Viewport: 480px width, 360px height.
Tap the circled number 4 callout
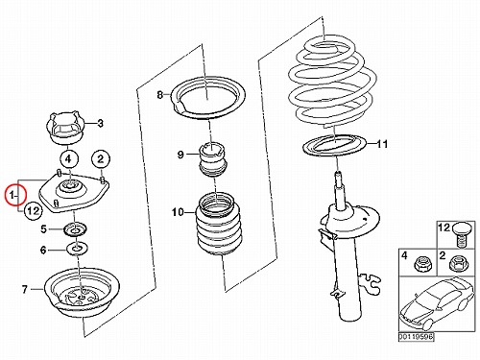tap(68, 159)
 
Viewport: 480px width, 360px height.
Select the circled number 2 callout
tap(101, 159)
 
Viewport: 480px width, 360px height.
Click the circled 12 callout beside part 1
tap(34, 211)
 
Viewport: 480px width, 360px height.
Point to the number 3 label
tap(100, 123)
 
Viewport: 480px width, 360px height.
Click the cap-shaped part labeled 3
tap(66, 128)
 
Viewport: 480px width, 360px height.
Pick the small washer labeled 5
tap(76, 230)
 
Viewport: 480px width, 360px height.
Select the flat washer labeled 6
tap(77, 249)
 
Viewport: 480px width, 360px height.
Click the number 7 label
tap(25, 290)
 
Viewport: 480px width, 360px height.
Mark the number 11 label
tap(381, 144)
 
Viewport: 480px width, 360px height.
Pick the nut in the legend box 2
tap(458, 264)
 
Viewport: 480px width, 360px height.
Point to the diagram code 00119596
tap(417, 337)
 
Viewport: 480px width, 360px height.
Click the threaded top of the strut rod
tap(337, 179)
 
